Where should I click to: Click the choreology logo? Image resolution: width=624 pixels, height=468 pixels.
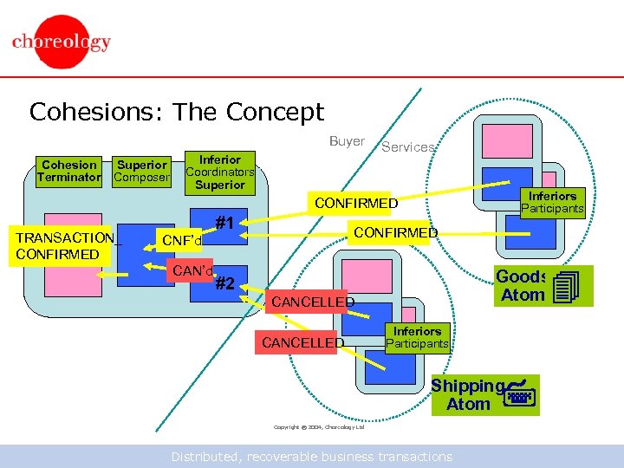coord(61,42)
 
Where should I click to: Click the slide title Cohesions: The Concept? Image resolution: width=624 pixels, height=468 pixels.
coord(176,112)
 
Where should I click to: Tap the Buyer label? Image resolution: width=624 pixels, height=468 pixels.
coord(347,141)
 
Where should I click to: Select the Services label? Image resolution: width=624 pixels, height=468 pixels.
coord(408,147)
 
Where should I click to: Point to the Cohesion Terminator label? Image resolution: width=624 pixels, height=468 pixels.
coord(69,171)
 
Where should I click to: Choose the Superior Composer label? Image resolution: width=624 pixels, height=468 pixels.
coord(142,171)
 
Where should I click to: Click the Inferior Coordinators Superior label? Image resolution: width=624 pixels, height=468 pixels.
coord(220,172)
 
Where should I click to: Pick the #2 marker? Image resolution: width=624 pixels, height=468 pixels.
coord(225,283)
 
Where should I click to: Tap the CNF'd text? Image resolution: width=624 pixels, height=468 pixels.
coord(182,240)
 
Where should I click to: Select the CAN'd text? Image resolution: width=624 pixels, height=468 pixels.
coord(192,272)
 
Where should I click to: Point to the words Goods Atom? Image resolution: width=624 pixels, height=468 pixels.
coord(523,286)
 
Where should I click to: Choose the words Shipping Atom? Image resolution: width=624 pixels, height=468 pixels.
coord(468,394)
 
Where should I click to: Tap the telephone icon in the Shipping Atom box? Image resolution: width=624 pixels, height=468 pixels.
coord(519,393)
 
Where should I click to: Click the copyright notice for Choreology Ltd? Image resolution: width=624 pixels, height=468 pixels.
coord(319,427)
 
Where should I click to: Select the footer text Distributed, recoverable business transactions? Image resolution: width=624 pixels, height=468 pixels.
coord(311,456)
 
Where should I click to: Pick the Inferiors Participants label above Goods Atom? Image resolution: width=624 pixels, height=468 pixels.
coord(552,202)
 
